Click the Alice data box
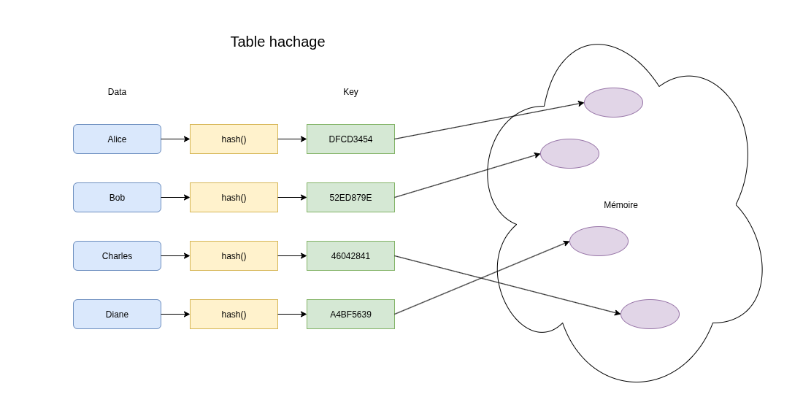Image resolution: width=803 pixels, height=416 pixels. [118, 139]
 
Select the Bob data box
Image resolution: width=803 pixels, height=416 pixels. [118, 198]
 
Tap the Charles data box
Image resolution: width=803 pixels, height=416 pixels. [118, 256]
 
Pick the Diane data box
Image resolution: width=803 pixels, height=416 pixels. [118, 314]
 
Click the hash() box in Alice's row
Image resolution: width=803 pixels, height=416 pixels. [234, 139]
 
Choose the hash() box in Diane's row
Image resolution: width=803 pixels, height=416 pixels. [234, 314]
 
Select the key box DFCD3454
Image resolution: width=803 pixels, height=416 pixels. [351, 139]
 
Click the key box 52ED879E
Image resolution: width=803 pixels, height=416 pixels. [351, 198]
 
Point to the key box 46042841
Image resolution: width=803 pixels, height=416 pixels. [351, 256]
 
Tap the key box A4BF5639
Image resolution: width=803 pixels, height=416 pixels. [351, 314]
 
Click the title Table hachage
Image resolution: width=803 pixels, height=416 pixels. [277, 42]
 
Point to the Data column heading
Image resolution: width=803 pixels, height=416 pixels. [117, 92]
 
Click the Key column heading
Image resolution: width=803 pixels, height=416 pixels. [351, 92]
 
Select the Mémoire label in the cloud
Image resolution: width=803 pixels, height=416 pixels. [620, 204]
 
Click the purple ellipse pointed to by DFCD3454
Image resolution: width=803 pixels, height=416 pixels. [613, 102]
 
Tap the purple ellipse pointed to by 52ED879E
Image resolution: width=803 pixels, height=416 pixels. [569, 153]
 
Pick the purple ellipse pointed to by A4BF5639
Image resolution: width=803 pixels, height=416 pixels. [599, 241]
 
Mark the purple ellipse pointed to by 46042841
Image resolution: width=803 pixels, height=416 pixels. [650, 314]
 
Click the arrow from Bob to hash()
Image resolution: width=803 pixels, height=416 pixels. [176, 198]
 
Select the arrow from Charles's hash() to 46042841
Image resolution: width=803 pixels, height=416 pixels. [293, 256]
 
